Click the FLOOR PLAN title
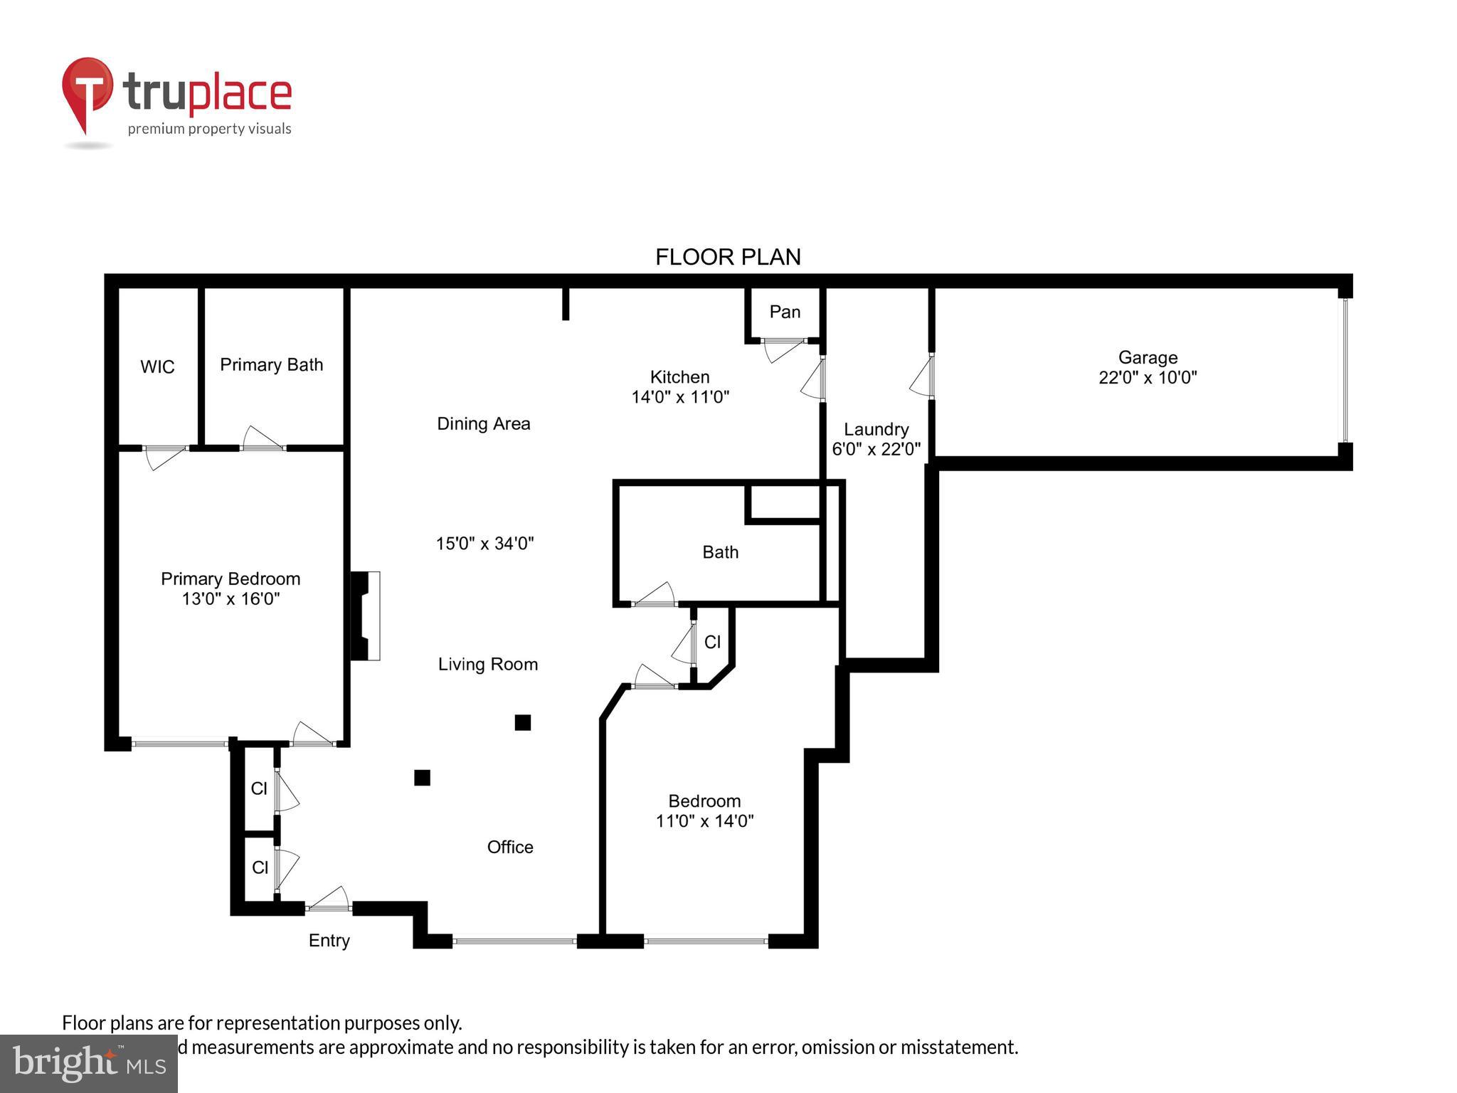click(x=728, y=257)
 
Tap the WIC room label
click(x=157, y=367)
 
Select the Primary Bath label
click(x=271, y=365)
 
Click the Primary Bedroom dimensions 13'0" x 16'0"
click(x=231, y=599)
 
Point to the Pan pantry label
click(x=785, y=312)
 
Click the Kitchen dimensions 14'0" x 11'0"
click(x=680, y=397)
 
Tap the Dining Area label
click(x=483, y=424)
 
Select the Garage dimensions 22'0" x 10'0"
click(x=1148, y=378)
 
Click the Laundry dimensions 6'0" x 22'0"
click(x=876, y=449)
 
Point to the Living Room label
click(x=487, y=665)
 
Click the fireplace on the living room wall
click(x=366, y=616)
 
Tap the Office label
click(x=510, y=847)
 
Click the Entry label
click(x=329, y=941)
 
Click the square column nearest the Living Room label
click(x=523, y=723)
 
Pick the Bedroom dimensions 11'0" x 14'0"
click(x=704, y=821)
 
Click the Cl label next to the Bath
click(x=712, y=643)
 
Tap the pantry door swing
click(x=783, y=350)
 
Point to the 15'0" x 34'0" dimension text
click(x=484, y=544)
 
